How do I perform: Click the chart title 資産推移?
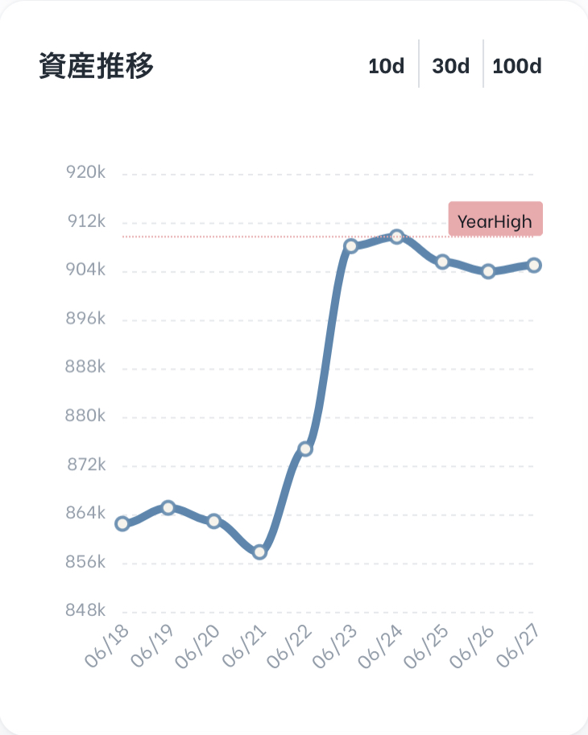96,66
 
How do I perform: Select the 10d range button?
387,66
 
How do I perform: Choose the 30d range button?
450,66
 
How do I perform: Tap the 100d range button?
517,66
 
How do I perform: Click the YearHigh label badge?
495,219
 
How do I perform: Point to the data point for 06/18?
122,523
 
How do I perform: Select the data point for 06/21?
260,552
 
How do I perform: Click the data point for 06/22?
305,449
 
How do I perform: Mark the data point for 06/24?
396,237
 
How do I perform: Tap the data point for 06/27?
534,266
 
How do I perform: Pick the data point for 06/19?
168,508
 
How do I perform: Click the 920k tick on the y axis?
86,172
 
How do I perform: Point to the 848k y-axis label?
85,610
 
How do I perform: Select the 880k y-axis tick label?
85,415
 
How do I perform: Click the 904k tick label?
85,270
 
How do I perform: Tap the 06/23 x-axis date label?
335,646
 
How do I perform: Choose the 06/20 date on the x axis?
197,646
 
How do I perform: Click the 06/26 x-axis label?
472,646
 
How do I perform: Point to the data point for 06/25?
442,262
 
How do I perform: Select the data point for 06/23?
351,246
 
